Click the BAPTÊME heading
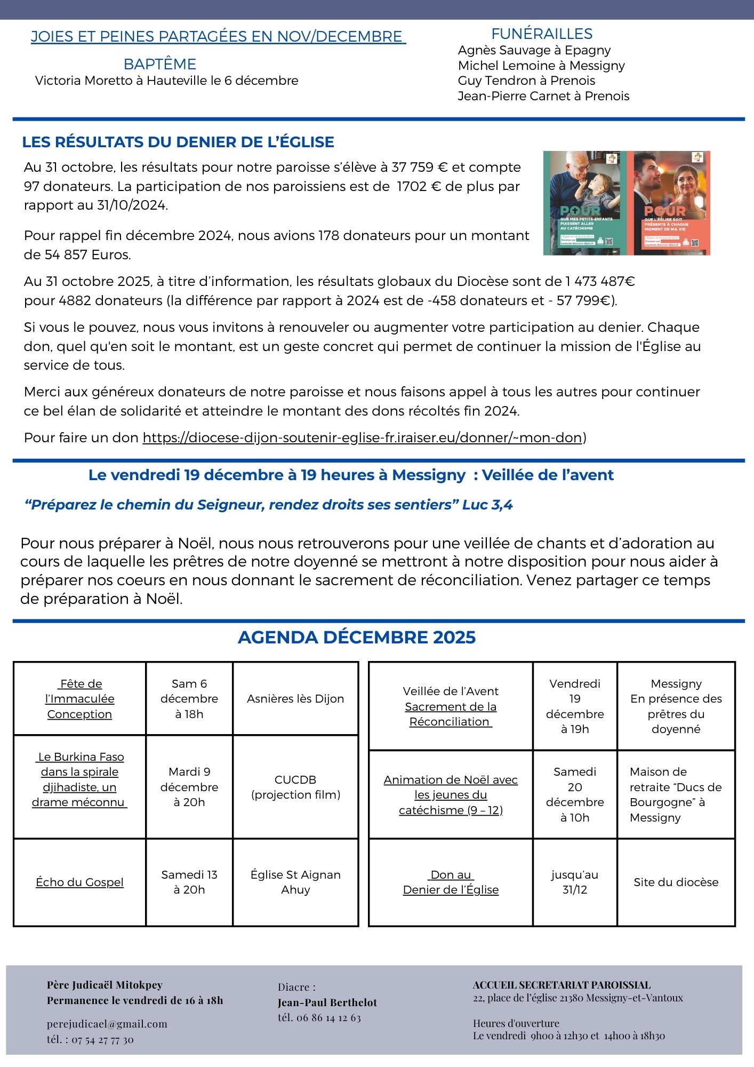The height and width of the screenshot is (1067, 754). point(159,64)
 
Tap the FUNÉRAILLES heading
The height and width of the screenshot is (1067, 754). point(542,34)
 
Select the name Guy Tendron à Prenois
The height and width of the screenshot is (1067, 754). point(526,81)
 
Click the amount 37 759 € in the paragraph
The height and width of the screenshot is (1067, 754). point(420,167)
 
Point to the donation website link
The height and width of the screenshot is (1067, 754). point(362,437)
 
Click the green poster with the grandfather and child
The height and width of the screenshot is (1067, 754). point(584,203)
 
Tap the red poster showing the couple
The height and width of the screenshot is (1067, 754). point(669,203)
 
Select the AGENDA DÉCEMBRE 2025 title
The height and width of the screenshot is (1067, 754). point(356,637)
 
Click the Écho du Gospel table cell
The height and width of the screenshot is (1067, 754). point(79,882)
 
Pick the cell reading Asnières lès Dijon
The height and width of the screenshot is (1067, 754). point(295,698)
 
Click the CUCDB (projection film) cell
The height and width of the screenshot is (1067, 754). point(295,787)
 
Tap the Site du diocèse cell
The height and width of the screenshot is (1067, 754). point(676,882)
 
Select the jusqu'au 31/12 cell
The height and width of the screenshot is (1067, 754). point(574,882)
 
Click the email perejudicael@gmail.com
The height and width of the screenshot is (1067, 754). point(107,1023)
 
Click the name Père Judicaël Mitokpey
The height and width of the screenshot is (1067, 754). point(105,985)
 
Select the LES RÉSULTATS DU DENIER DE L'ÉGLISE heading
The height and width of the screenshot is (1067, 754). point(178,142)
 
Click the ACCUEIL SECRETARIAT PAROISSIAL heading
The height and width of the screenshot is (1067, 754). point(562,985)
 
